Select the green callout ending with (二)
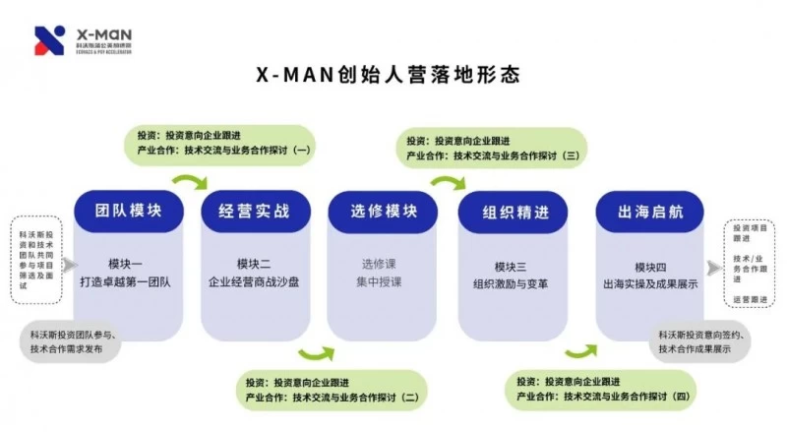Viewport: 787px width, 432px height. [334, 389]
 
